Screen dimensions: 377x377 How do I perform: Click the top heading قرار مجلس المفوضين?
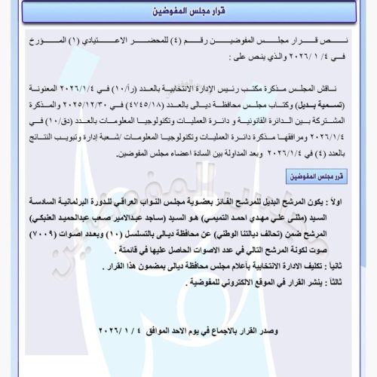click(188, 14)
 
